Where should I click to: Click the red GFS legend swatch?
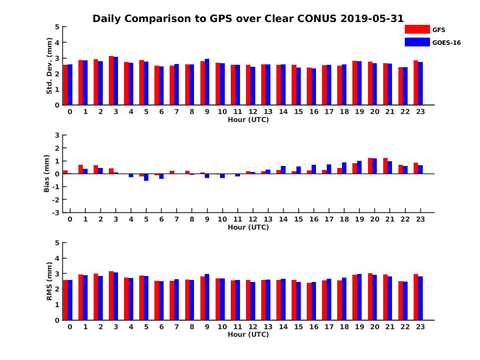tap(417, 29)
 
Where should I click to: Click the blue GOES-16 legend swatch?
tap(417, 42)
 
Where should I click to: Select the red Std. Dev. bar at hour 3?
tap(111, 80)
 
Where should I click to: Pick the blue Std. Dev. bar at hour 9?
tap(207, 82)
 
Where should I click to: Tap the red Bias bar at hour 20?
tap(370, 166)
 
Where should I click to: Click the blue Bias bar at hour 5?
tap(146, 177)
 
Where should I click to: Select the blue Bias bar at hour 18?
tap(344, 168)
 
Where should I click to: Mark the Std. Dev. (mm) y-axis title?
tap(50, 66)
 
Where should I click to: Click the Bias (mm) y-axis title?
tap(47, 174)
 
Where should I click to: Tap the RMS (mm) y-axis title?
tap(50, 281)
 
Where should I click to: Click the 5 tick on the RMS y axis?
tap(57, 243)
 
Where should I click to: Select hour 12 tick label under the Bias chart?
tap(253, 219)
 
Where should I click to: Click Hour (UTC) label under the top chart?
tap(248, 120)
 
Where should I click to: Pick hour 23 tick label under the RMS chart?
tap(420, 326)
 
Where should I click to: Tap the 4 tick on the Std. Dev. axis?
tap(57, 42)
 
